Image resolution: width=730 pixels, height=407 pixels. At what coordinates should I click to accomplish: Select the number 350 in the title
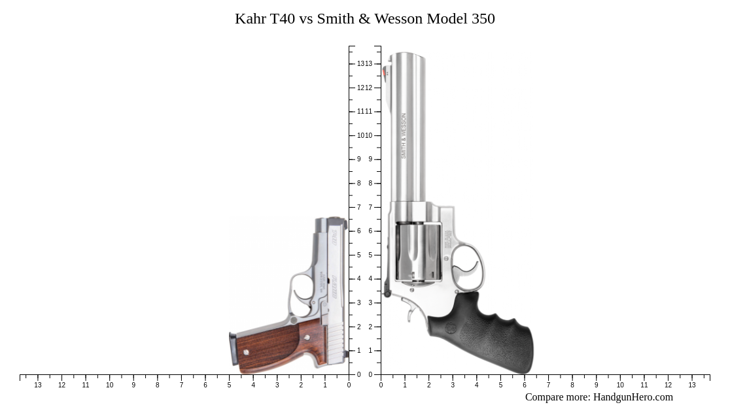pos(483,18)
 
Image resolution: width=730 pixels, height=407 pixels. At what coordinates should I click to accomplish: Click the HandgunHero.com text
pos(633,397)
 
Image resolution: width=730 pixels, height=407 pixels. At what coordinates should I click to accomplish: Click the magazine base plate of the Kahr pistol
pos(232,350)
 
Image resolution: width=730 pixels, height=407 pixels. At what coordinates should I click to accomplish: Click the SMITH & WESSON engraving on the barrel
pos(404,136)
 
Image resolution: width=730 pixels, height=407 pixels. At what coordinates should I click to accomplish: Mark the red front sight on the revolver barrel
pos(386,73)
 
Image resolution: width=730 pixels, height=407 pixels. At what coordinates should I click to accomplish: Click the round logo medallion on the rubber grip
pos(451,327)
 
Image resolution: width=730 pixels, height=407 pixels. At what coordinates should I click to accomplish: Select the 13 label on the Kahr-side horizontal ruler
pos(38,385)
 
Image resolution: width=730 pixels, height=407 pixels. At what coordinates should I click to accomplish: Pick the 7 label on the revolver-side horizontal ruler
pos(548,385)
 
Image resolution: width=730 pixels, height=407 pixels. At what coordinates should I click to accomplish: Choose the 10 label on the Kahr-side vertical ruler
pos(360,135)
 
